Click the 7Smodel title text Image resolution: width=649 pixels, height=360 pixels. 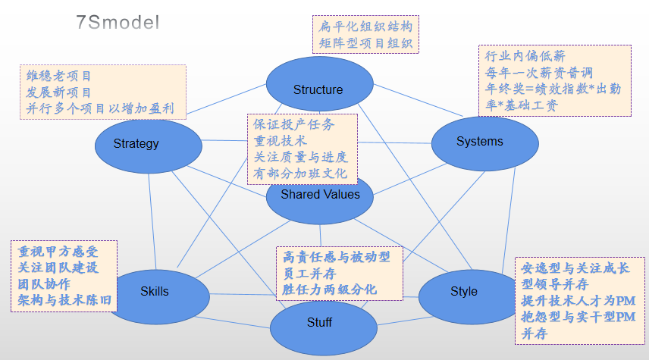[118, 22]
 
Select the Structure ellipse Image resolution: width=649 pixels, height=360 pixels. [318, 89]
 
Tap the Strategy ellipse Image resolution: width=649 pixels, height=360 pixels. [136, 144]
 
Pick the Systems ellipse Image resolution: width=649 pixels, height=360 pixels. [479, 142]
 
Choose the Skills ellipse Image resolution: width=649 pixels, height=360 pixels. [155, 291]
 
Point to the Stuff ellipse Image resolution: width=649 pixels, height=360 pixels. [319, 323]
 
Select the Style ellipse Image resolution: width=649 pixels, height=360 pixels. [464, 292]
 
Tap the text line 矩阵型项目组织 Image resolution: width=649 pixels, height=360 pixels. [365, 42]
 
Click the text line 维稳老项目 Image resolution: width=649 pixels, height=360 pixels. [59, 76]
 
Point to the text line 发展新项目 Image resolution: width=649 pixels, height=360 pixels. [59, 92]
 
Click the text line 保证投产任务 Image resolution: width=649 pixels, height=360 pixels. [293, 124]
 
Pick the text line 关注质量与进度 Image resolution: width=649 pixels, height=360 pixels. [301, 157]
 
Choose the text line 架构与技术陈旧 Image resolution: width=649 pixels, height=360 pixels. [65, 301]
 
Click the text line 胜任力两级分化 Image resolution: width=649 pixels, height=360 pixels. [329, 290]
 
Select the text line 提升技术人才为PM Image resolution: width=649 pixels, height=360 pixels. [578, 301]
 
